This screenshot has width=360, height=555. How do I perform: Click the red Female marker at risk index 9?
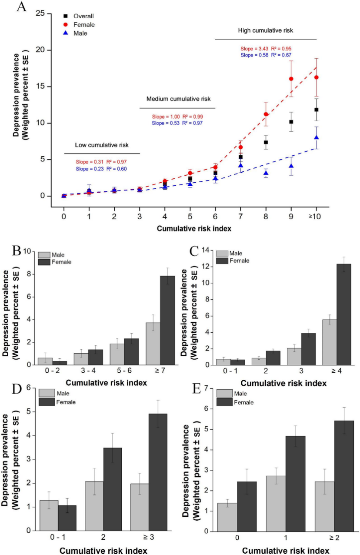click(x=291, y=79)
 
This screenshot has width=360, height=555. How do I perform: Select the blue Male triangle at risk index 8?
click(x=266, y=173)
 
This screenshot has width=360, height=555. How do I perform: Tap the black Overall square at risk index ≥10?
click(x=316, y=110)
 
